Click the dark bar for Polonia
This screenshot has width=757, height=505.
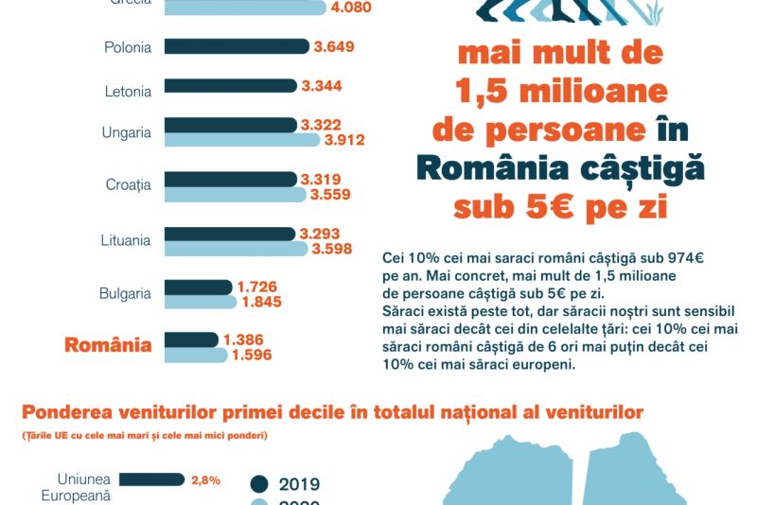[x=237, y=46]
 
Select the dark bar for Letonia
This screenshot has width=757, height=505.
[x=231, y=86]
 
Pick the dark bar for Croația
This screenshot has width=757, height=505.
[x=231, y=179]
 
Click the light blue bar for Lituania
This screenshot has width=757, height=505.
[x=237, y=249]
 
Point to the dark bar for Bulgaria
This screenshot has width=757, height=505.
[x=198, y=287]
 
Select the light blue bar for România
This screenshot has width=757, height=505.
[x=196, y=355]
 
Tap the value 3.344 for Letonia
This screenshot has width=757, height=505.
[x=322, y=86]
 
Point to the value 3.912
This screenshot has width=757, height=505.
[x=344, y=141]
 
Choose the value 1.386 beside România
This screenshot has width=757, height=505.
[x=243, y=340]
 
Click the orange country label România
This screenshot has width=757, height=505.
[x=108, y=345]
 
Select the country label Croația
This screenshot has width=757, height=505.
[x=128, y=185]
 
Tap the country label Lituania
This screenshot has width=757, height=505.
[x=125, y=240]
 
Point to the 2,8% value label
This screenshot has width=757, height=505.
[x=205, y=479]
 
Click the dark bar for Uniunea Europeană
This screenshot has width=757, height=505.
[x=151, y=479]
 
